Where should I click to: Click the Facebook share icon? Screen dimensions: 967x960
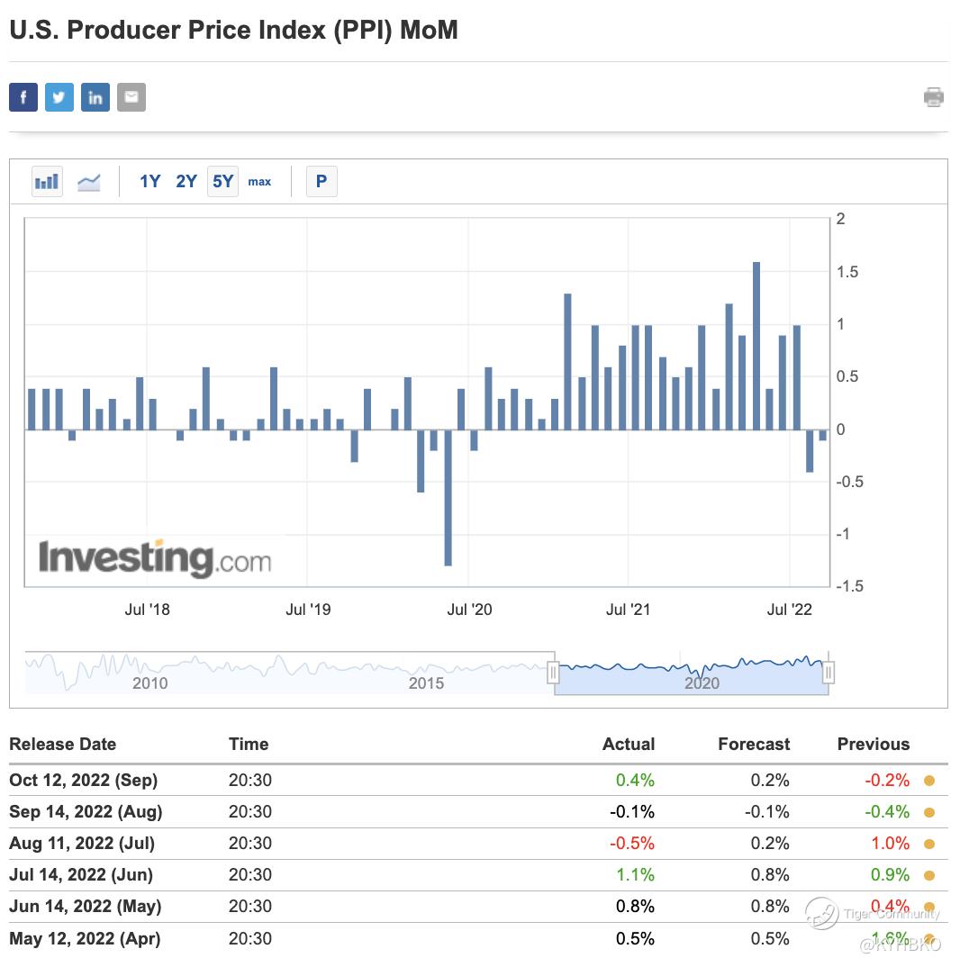(23, 97)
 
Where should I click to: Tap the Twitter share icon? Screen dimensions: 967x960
(59, 97)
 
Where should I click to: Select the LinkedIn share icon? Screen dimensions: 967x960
(95, 97)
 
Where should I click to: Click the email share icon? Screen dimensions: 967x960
(131, 97)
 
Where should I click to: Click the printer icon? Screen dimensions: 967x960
(934, 97)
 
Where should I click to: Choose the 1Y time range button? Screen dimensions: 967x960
(149, 182)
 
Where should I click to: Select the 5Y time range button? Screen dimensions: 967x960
(222, 182)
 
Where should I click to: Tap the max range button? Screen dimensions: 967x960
(259, 182)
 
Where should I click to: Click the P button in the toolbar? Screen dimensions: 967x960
(322, 182)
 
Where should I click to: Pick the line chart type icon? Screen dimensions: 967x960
(89, 182)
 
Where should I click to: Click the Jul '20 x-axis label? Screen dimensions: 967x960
(469, 610)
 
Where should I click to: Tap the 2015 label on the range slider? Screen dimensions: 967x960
(426, 682)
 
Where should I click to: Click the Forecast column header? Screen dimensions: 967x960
(754, 745)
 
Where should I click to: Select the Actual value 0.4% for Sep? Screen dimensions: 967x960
(636, 780)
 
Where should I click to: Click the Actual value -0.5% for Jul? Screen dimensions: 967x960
(634, 843)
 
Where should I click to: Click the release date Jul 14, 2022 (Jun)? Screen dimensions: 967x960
(81, 874)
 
